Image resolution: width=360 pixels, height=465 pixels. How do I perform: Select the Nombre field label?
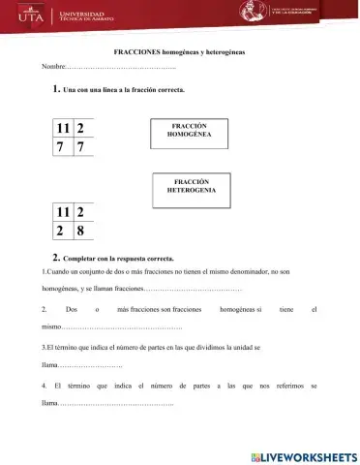(x=52, y=66)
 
